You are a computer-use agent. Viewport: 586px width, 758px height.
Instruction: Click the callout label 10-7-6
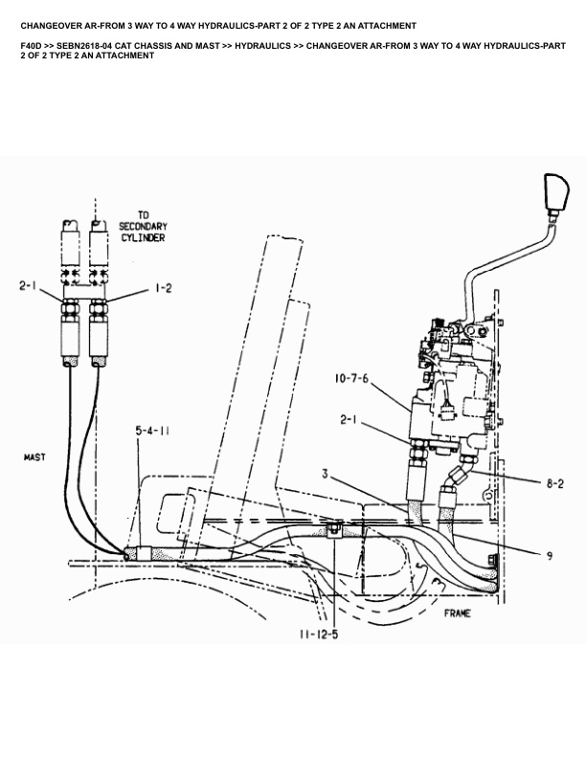coord(351,377)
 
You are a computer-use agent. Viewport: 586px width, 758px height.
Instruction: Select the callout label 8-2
coord(553,485)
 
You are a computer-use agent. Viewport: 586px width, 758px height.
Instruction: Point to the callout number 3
coord(326,472)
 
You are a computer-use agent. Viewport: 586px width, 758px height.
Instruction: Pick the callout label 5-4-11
coord(152,432)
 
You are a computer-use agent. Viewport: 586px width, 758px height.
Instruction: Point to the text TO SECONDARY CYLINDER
coord(142,226)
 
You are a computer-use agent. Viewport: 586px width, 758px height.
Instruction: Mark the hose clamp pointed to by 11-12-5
coord(334,528)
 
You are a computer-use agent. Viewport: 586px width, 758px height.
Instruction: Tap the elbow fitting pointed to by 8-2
coord(462,473)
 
